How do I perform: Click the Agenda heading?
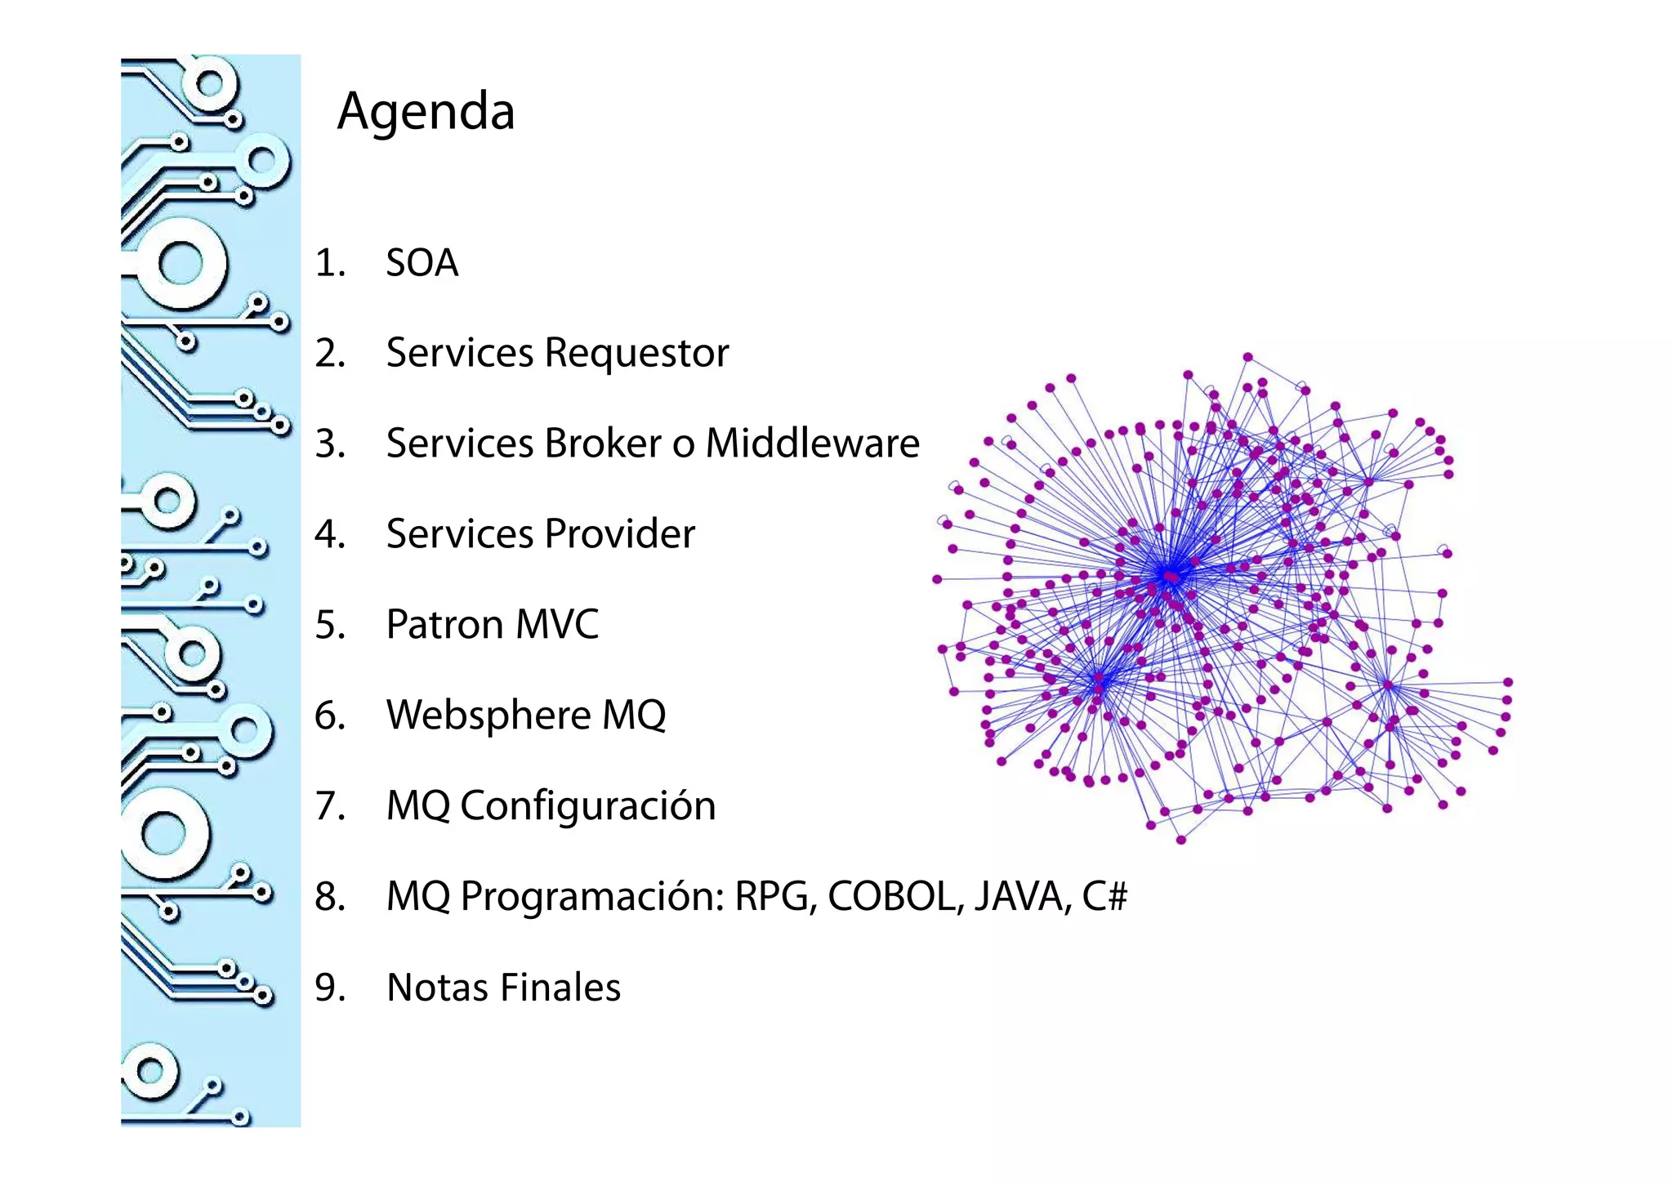click(x=426, y=111)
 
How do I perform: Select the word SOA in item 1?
click(x=422, y=263)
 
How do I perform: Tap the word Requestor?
click(x=636, y=354)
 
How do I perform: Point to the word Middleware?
click(x=812, y=444)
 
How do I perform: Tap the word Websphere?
click(x=488, y=716)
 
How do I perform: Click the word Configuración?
click(x=587, y=806)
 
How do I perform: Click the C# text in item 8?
click(x=1104, y=897)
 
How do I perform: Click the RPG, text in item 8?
click(x=775, y=897)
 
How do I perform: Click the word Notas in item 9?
click(x=437, y=988)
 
